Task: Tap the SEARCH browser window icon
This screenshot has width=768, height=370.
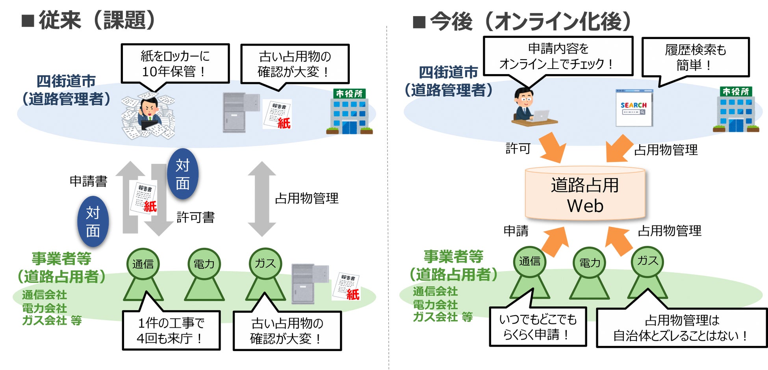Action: coord(634,108)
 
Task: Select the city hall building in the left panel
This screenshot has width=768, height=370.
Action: coord(350,112)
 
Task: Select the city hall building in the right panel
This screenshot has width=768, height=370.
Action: coord(736,110)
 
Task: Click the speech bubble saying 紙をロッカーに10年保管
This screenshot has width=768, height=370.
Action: coord(175,63)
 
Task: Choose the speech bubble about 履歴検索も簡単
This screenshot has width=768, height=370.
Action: coord(695,58)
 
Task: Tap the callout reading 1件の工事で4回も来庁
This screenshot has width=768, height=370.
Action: coord(171,330)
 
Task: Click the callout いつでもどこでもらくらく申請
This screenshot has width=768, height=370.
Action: coord(538,327)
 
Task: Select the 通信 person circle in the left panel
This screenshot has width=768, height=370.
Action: coord(143,264)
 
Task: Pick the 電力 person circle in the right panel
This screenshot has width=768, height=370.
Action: coord(590,262)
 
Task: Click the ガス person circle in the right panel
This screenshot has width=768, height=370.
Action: coord(647,260)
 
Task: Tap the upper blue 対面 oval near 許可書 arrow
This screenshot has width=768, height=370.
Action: coord(182,174)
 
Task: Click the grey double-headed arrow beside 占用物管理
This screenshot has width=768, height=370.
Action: coord(262,199)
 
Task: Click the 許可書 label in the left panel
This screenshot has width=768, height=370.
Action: coord(195,217)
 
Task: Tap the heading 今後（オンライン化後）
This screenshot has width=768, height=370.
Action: coord(530,21)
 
